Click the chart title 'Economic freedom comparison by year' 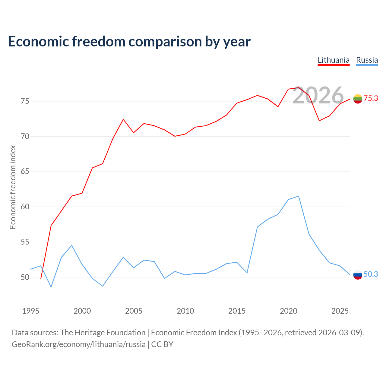pos(129,42)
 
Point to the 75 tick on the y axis pos(25,101)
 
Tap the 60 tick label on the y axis pos(25,207)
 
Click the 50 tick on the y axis pos(25,277)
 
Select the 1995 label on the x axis pos(31,311)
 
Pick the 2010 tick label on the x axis pos(185,311)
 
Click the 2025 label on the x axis pos(340,311)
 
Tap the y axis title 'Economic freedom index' pos(13,187)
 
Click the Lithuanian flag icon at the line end pos(358,99)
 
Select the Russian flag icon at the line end pos(358,275)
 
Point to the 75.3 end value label pos(371,98)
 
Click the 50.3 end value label pos(371,274)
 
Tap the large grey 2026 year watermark pos(318,95)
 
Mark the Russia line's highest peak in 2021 pos(299,196)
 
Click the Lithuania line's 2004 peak pos(123,119)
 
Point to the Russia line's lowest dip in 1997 pos(51,287)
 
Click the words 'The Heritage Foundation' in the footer pos(103,333)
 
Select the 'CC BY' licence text pos(162,345)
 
